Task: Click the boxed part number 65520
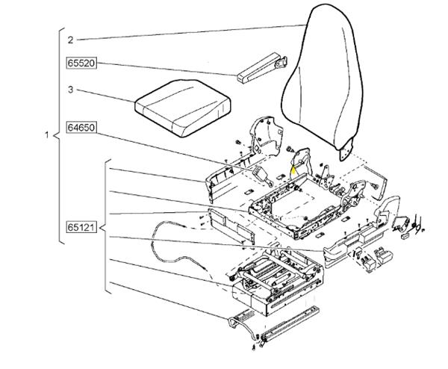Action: click(x=81, y=64)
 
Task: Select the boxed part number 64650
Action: click(x=81, y=127)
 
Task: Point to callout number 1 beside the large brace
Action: click(x=47, y=136)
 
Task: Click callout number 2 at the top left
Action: click(x=69, y=39)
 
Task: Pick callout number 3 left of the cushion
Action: click(x=69, y=90)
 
